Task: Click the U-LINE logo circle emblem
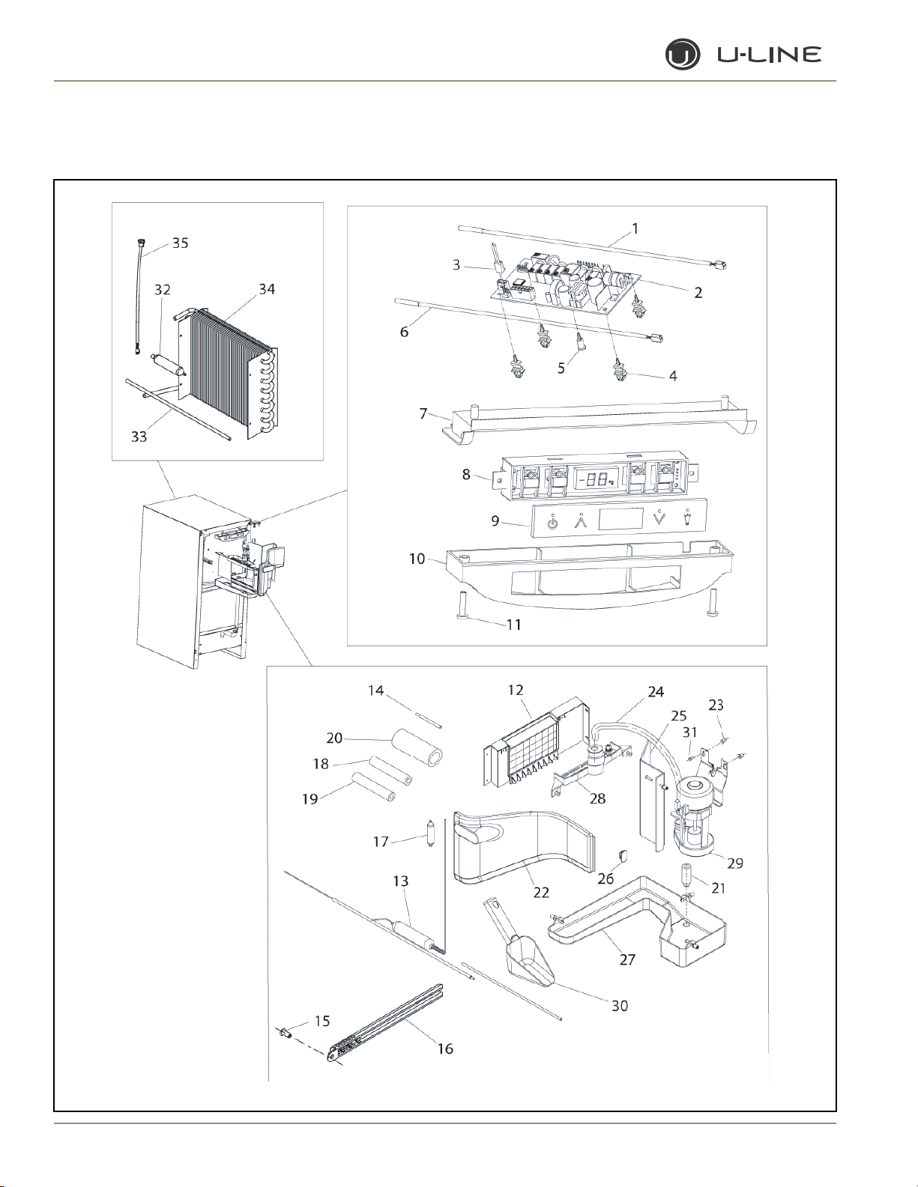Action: point(682,55)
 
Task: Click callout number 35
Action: point(180,243)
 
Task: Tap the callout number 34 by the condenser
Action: point(267,289)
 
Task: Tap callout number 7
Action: point(423,413)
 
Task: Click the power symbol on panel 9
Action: point(552,523)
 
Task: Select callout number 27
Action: point(627,959)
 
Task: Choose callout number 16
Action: point(445,1048)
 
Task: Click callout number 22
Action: point(541,892)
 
